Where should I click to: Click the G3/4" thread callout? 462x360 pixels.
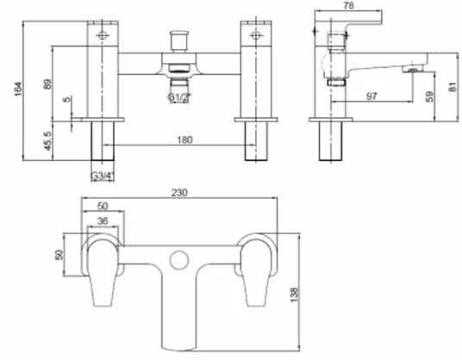click(103, 177)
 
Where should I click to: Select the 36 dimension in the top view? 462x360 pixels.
click(103, 220)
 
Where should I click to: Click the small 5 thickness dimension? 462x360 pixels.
click(67, 100)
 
